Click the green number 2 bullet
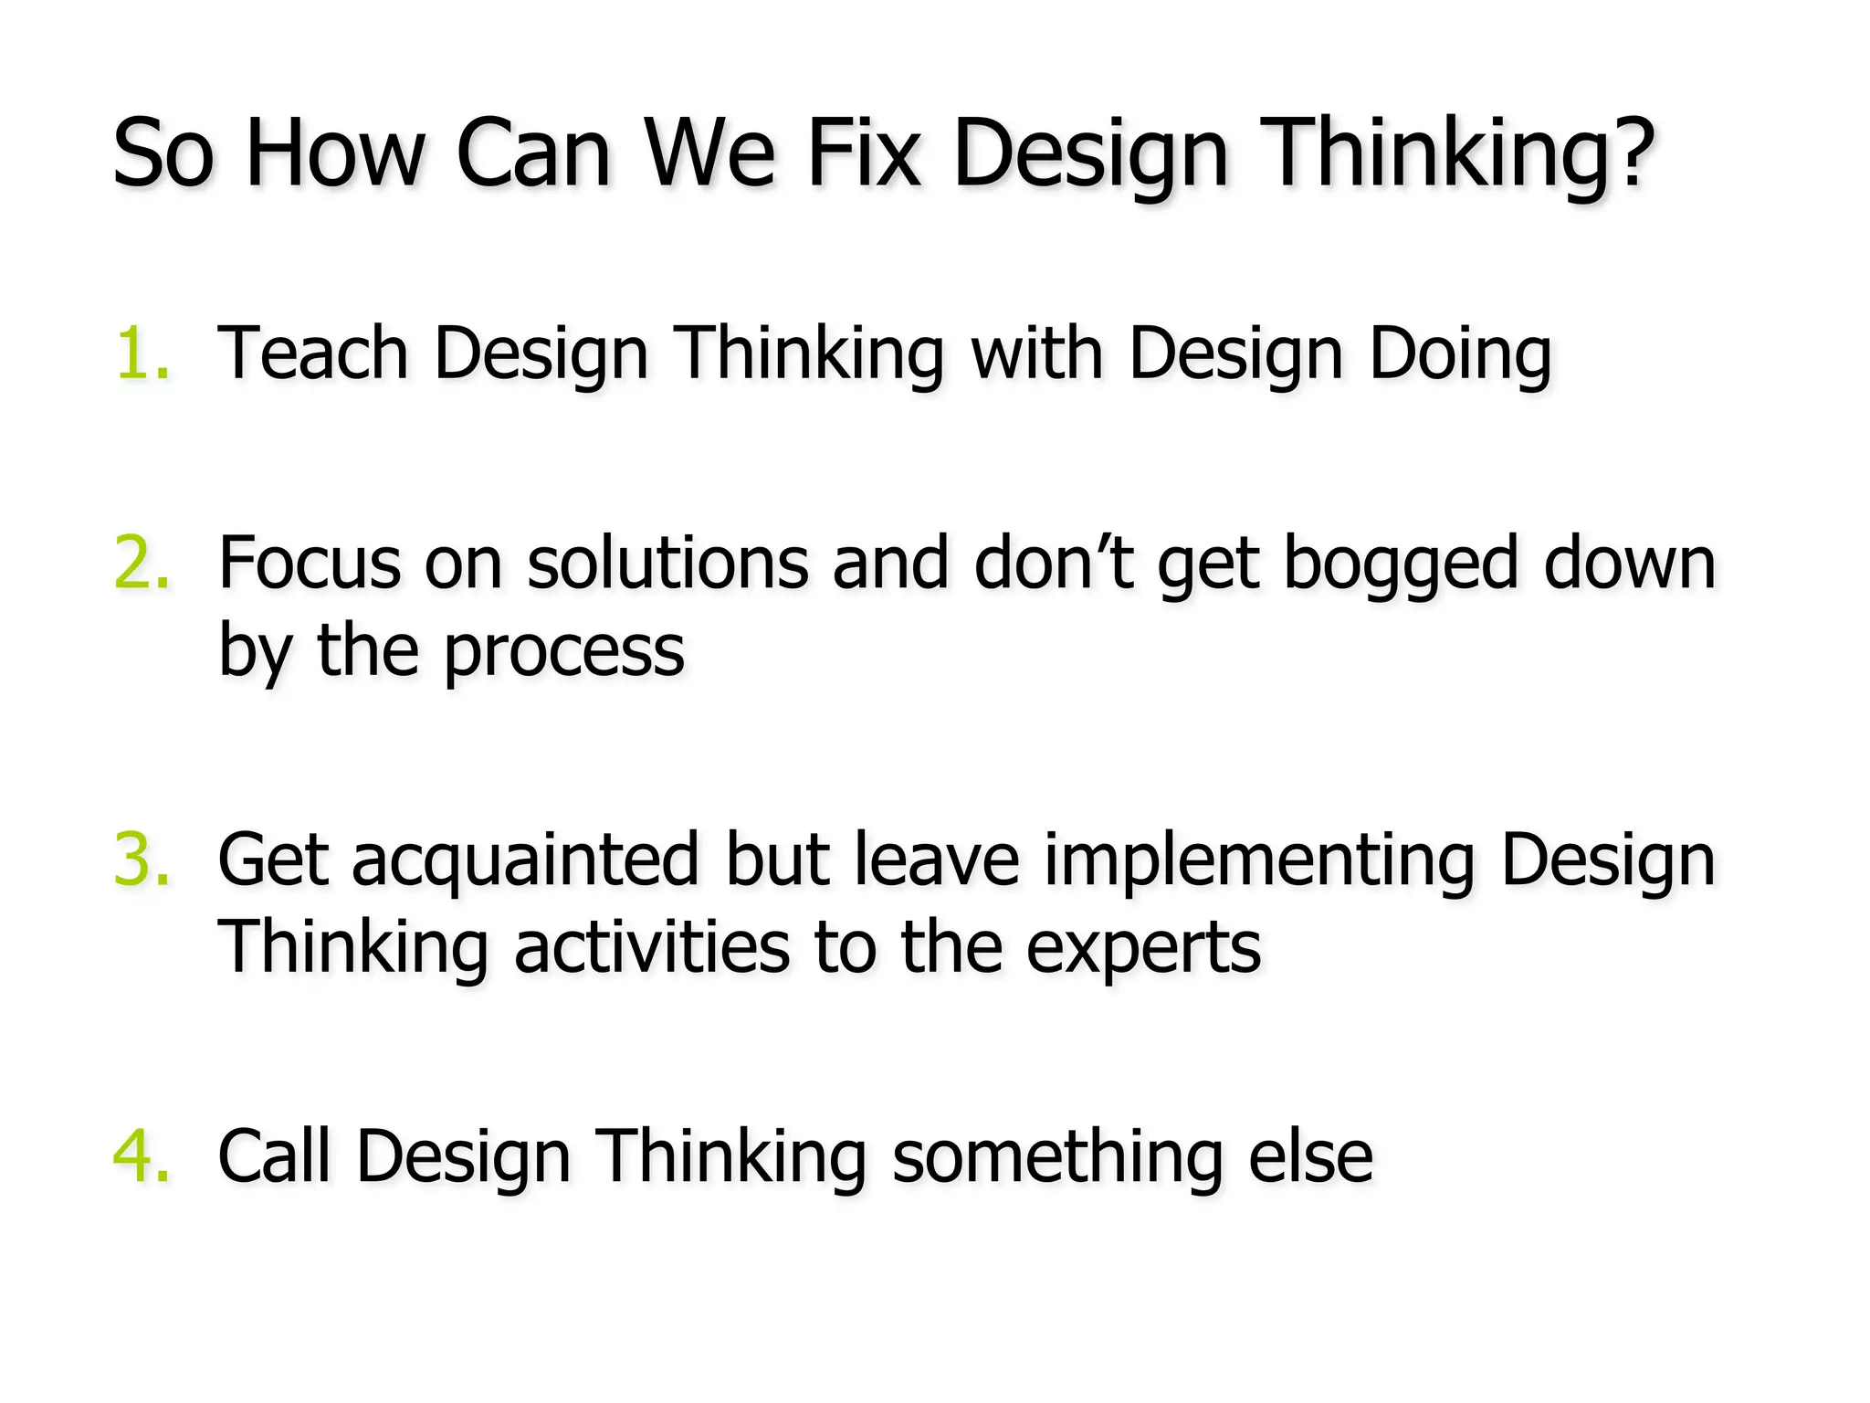(142, 563)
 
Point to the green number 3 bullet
(142, 860)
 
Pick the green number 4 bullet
(142, 1156)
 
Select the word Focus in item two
(310, 563)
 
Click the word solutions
(667, 563)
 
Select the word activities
(651, 947)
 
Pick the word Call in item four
(274, 1156)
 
